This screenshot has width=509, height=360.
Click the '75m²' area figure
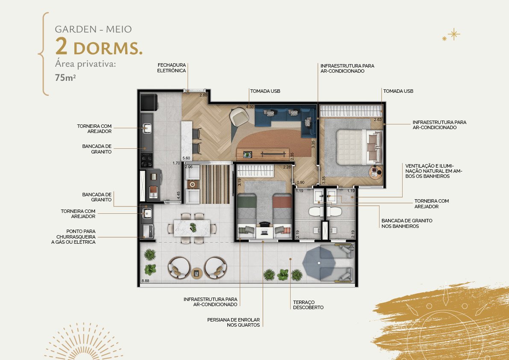(x=65, y=77)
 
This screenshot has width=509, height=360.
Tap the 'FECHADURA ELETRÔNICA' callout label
(x=171, y=68)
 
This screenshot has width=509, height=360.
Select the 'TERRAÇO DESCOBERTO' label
(x=309, y=305)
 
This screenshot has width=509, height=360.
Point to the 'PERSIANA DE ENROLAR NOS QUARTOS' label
(x=233, y=322)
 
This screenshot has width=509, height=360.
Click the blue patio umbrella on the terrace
(x=319, y=263)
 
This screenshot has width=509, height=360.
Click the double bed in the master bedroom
(x=359, y=147)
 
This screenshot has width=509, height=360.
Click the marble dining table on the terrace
(x=192, y=228)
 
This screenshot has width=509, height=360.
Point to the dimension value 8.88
(x=145, y=281)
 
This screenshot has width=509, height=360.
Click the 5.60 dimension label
(x=186, y=158)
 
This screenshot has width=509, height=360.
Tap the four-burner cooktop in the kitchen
(x=147, y=159)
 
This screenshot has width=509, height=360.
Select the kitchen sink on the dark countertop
(x=147, y=128)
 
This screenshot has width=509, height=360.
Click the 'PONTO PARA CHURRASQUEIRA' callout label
(x=74, y=236)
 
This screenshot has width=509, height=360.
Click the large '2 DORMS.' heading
(x=99, y=47)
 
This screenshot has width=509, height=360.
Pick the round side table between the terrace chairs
(x=197, y=273)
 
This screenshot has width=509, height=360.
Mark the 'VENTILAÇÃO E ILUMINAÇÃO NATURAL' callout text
(x=433, y=171)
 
